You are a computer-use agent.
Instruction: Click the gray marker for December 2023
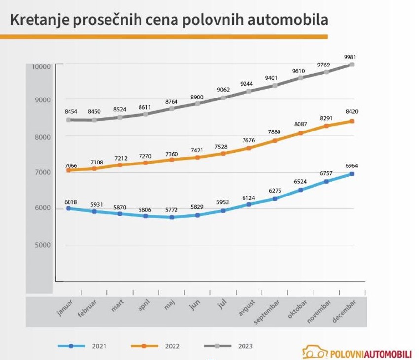pyautogui.click(x=352, y=65)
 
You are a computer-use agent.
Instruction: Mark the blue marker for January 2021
pyautogui.click(x=69, y=208)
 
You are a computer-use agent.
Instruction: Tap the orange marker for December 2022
pyautogui.click(x=352, y=121)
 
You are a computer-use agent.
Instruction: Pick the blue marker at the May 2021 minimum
pyautogui.click(x=172, y=217)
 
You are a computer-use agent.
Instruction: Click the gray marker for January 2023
pyautogui.click(x=69, y=120)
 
